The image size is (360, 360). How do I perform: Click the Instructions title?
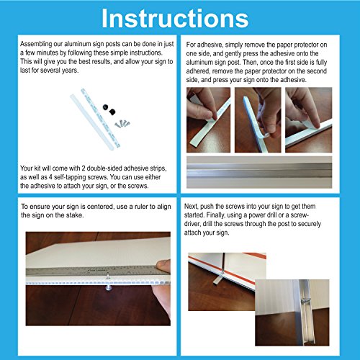pyautogui.click(x=175, y=19)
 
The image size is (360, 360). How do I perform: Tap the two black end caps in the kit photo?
pyautogui.click(x=109, y=109)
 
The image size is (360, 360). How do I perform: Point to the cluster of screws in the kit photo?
pyautogui.click(x=122, y=124)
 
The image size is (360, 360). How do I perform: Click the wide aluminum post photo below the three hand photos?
pyautogui.click(x=259, y=172)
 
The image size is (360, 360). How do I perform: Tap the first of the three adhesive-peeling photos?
pyautogui.click(x=208, y=120)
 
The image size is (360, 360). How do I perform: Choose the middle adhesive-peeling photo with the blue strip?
pyautogui.click(x=258, y=120)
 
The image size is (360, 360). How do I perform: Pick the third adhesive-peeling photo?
pyautogui.click(x=309, y=120)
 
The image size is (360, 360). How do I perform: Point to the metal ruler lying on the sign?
pyautogui.click(x=95, y=271)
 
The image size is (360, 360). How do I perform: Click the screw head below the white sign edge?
pyautogui.click(x=109, y=287)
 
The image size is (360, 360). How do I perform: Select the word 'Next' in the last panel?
pyautogui.click(x=191, y=206)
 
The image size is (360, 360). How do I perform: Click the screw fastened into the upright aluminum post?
pyautogui.click(x=305, y=300)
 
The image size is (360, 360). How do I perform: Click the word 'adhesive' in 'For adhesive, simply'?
pyautogui.click(x=210, y=45)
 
